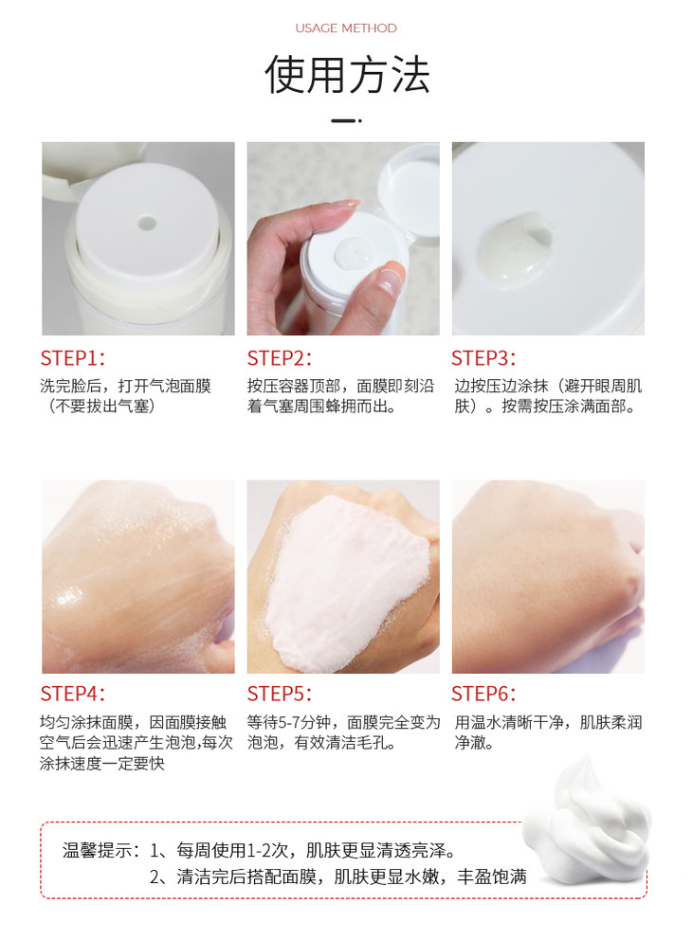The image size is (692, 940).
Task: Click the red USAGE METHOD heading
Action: tap(346, 28)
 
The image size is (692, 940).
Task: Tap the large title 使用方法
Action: tap(347, 76)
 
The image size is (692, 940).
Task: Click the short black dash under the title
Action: tap(346, 120)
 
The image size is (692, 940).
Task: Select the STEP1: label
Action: tap(73, 358)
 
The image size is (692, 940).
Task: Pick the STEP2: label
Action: tap(280, 358)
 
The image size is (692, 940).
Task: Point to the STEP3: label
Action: tap(483, 358)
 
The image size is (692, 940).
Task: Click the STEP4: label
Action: tap(73, 694)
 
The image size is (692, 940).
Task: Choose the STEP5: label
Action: tap(280, 694)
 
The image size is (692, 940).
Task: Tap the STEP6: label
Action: tap(483, 694)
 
